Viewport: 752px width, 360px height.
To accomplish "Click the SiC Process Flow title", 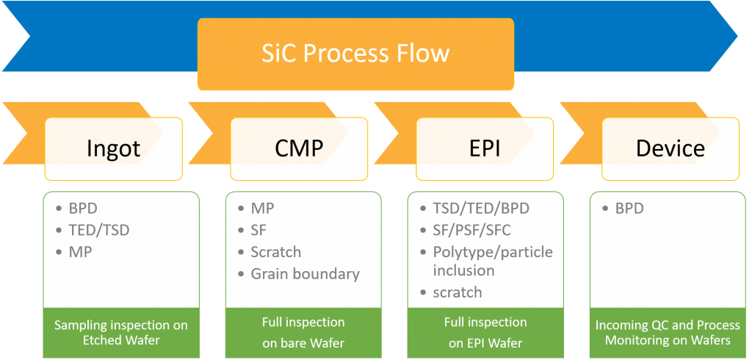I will (x=355, y=54).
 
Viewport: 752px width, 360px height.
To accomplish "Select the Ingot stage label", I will (x=113, y=148).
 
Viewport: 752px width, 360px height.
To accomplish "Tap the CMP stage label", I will (x=298, y=148).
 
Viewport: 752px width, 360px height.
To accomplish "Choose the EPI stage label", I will (x=484, y=148).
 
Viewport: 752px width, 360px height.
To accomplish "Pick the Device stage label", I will (x=670, y=148).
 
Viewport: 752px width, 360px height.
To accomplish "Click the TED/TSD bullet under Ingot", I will (x=98, y=230).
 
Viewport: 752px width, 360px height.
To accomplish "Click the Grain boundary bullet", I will (x=305, y=274).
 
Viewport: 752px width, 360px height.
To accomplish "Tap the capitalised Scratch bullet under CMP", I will (x=275, y=252).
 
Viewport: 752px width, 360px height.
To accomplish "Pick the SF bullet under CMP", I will (x=259, y=231).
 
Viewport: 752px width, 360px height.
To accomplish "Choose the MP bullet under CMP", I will (x=262, y=209).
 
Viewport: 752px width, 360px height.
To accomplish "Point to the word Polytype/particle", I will (x=493, y=252).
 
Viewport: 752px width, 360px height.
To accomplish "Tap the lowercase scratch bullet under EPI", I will (x=457, y=292).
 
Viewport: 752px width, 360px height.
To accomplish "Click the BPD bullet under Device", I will (x=629, y=209).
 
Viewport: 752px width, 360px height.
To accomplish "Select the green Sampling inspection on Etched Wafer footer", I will (x=121, y=331).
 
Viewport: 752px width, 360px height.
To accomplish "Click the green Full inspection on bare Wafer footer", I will (x=303, y=331).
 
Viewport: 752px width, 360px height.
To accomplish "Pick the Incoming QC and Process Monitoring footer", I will (x=668, y=331).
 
